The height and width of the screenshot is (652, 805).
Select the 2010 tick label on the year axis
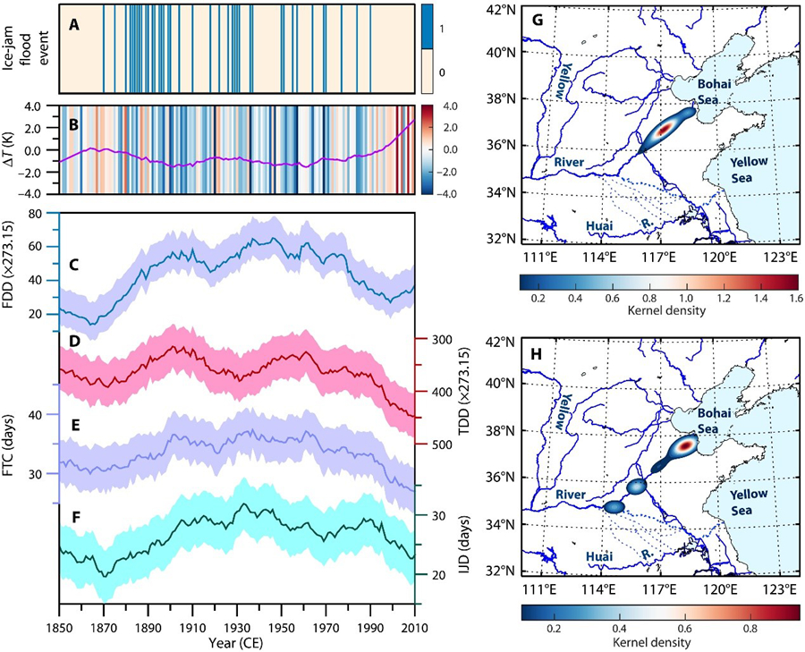[x=413, y=624]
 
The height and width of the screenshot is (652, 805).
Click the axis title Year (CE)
[x=236, y=641]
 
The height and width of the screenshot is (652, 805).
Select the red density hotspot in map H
[x=684, y=445]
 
